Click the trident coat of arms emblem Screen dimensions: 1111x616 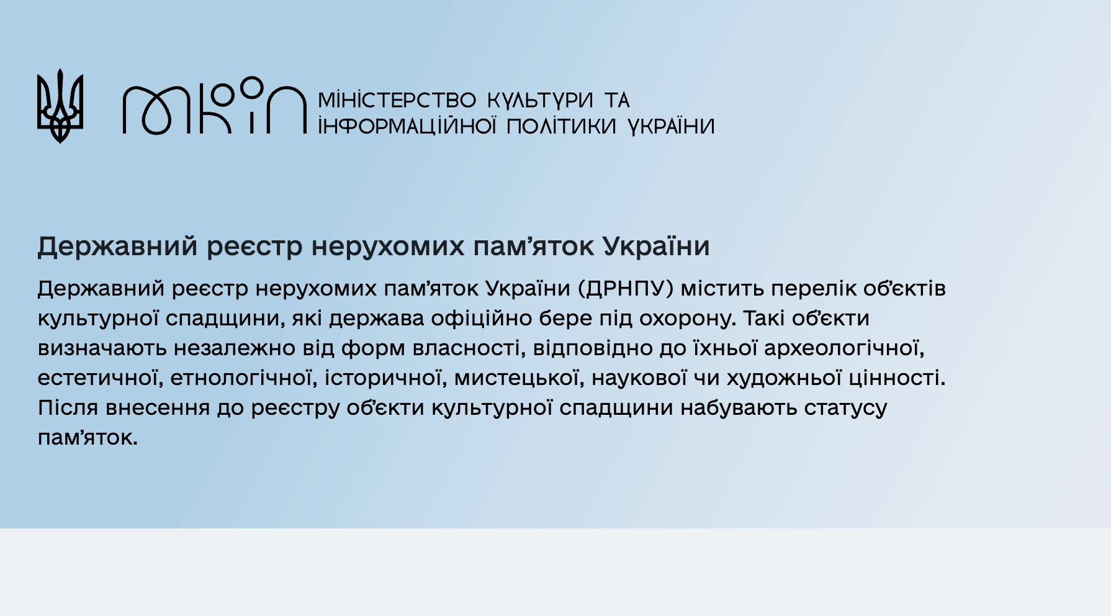pos(60,106)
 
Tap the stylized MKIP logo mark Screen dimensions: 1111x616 pos(215,106)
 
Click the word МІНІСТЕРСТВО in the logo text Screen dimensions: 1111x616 pos(397,100)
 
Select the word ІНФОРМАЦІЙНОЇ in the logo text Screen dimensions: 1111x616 pos(407,126)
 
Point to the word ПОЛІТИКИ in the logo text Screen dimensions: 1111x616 pos(561,127)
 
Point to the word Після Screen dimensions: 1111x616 pos(68,408)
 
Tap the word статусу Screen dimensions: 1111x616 pos(846,409)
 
